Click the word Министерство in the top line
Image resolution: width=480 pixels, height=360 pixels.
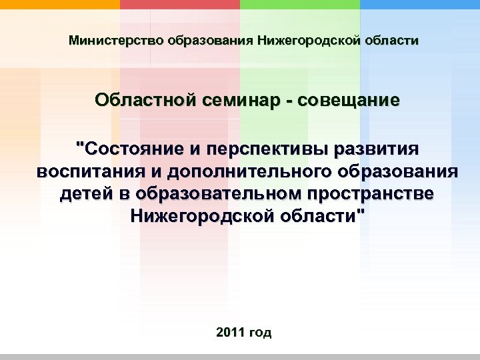click(116, 41)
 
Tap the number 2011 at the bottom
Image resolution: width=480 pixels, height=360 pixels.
click(231, 332)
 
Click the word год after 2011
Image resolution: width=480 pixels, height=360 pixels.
click(259, 333)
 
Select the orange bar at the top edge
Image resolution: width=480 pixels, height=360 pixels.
click(60, 4)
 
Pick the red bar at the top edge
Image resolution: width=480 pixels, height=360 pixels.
click(180, 4)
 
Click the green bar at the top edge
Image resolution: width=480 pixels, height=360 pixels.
click(300, 4)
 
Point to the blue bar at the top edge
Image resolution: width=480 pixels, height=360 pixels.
click(420, 4)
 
